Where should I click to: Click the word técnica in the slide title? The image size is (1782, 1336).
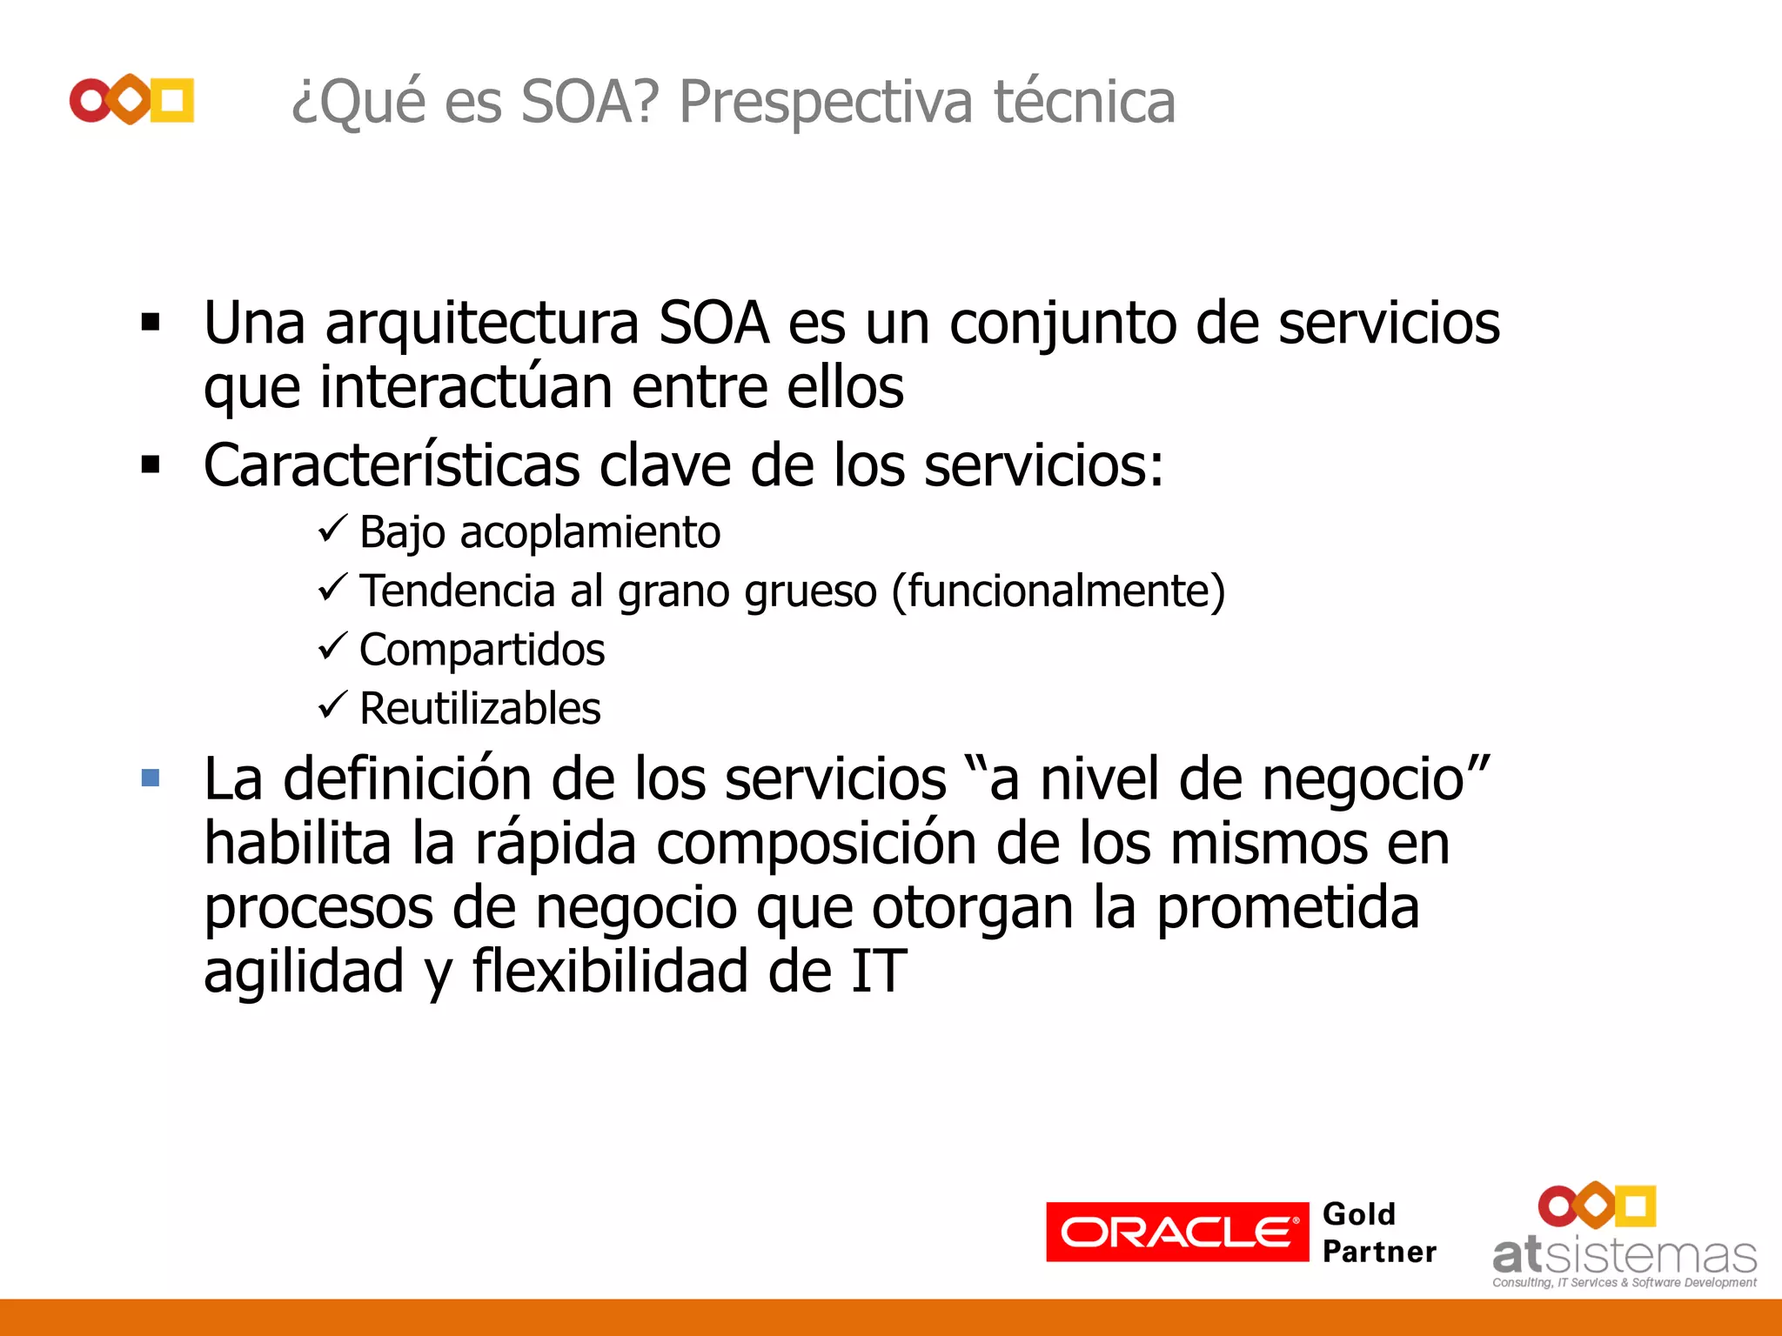coord(1084,103)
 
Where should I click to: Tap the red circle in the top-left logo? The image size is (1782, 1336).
coord(90,101)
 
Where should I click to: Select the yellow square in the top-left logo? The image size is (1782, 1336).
coord(172,101)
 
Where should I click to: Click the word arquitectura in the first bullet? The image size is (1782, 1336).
coord(482,324)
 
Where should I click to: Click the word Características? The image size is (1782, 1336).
coord(392,466)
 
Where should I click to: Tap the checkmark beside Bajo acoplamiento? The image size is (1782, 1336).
coord(332,528)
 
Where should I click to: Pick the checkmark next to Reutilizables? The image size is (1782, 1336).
coord(332,705)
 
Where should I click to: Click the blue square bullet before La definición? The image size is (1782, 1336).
coord(151,777)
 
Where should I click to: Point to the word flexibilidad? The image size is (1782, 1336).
coord(609,972)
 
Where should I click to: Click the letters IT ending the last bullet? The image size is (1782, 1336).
coord(879,972)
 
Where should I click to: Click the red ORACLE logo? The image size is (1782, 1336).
coord(1176,1232)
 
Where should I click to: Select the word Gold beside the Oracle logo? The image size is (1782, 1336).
coord(1358,1214)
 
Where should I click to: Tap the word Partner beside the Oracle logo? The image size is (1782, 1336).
coord(1379,1252)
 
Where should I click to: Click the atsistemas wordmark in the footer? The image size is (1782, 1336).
coord(1624,1256)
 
